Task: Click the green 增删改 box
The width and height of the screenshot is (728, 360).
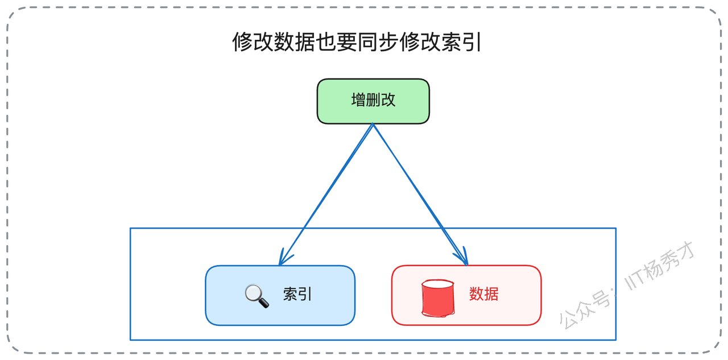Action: pos(373,101)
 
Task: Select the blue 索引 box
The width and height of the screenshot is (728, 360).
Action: pos(280,295)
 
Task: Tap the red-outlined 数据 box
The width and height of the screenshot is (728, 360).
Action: pos(466,295)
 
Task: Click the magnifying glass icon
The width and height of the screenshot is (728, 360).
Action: pos(257,296)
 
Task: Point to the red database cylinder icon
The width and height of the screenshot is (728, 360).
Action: pos(438,298)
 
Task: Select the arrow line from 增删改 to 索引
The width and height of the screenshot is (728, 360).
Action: pos(326,195)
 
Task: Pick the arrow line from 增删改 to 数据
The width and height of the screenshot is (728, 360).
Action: pos(420,195)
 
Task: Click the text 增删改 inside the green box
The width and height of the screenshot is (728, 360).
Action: pos(373,100)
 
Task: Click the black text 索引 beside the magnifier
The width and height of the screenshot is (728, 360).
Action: pos(297,295)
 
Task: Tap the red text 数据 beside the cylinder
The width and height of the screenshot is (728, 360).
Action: pos(483,294)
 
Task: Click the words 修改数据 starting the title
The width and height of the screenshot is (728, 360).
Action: pos(274,42)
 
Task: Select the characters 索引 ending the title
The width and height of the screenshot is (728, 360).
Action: pos(461,42)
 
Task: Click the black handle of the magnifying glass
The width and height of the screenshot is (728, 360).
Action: pos(263,303)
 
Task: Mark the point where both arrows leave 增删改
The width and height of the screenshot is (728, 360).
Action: pos(373,124)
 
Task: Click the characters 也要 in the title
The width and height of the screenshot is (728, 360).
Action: pos(336,42)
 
